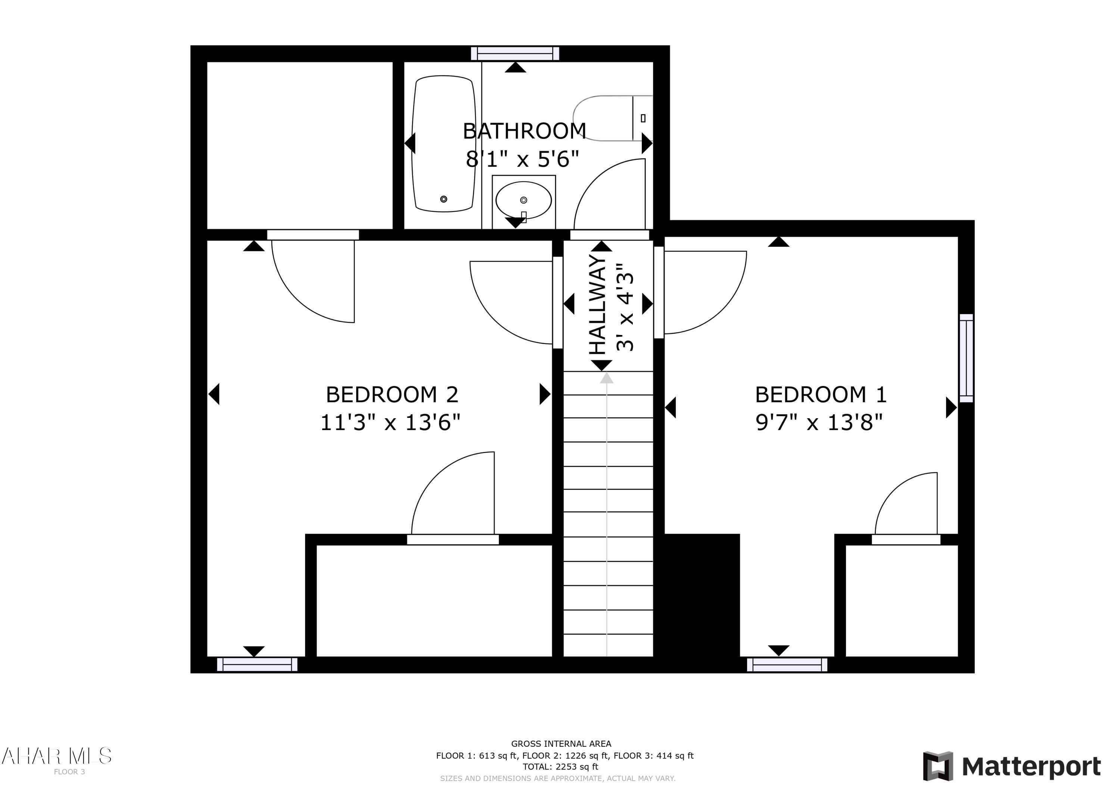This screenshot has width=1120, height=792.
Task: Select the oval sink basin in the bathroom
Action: coord(523,200)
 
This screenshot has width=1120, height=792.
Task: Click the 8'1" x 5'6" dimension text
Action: coord(522,159)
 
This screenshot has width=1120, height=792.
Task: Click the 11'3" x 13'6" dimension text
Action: coord(390,422)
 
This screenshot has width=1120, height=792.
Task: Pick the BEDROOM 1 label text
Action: coord(821,394)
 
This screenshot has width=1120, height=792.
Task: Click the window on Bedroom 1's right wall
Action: coord(966,358)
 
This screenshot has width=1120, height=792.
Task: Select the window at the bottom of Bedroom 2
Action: coord(257,664)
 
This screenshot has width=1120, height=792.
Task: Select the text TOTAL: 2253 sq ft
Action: coord(560,767)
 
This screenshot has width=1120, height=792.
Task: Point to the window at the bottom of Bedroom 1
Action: coord(787,665)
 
